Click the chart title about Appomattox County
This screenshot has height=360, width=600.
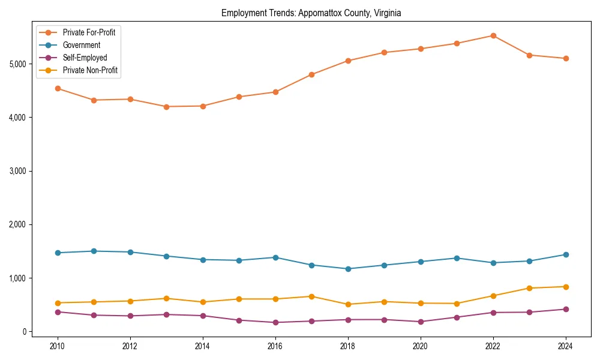[311, 13]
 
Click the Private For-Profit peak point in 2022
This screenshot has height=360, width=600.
[493, 35]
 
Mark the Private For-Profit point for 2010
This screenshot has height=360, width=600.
[58, 88]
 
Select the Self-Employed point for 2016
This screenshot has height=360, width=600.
[275, 322]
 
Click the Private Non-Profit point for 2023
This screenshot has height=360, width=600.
[529, 288]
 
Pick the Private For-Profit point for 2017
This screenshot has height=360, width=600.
[311, 74]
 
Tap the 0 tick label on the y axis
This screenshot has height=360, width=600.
[25, 332]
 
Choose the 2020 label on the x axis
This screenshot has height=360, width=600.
[421, 346]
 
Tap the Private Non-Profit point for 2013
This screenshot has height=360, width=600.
[166, 298]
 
